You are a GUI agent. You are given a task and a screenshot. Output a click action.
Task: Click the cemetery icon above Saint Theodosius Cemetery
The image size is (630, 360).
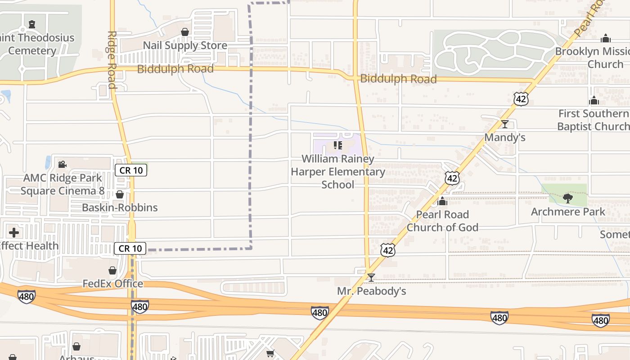click(x=31, y=24)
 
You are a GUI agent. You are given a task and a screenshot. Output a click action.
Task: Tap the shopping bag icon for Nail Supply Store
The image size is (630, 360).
click(x=184, y=32)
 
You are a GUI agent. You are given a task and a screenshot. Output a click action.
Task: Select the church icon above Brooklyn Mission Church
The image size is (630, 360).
click(x=606, y=38)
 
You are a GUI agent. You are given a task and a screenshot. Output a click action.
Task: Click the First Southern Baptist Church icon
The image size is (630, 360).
click(x=594, y=100)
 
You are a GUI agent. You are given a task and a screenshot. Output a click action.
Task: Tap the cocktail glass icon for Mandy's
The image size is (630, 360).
click(x=504, y=124)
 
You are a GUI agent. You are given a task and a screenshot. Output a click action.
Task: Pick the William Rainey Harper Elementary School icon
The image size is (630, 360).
click(x=337, y=145)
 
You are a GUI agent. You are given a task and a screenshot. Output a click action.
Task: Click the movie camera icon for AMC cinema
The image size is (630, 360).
click(x=62, y=164)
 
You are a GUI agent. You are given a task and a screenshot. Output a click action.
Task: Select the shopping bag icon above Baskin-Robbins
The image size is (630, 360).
click(x=120, y=194)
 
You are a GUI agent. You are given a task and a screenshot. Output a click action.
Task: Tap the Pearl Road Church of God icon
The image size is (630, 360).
click(x=442, y=201)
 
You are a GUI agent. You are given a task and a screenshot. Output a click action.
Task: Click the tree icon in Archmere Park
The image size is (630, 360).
click(x=568, y=198)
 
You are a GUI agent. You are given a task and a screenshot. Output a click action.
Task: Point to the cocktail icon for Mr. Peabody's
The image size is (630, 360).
click(x=371, y=277)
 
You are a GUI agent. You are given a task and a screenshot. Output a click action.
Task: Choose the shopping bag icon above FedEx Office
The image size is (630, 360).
click(x=112, y=270)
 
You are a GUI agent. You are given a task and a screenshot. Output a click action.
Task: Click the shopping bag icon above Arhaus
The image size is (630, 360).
click(x=76, y=346)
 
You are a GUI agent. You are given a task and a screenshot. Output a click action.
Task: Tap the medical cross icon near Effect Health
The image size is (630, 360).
click(x=14, y=232)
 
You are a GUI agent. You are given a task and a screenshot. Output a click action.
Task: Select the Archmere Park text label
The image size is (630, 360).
click(x=568, y=211)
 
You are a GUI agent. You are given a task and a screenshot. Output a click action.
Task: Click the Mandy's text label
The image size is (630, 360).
click(x=504, y=138)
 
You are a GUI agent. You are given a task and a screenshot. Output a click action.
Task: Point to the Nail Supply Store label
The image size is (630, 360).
click(x=185, y=46)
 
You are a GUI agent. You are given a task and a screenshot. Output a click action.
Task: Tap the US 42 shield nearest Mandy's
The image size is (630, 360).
click(x=521, y=99)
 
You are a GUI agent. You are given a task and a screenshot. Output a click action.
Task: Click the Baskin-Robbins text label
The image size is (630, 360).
click(x=120, y=207)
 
